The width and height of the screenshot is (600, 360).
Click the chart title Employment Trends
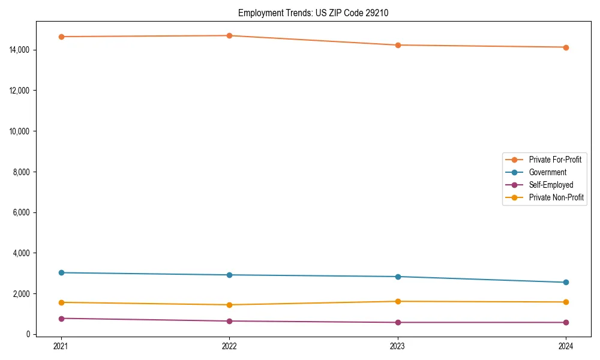tap(313, 13)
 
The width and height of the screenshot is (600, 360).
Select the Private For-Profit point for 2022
tap(229, 35)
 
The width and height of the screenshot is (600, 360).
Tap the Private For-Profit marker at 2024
tap(566, 47)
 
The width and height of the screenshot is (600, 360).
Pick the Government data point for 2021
tap(61, 272)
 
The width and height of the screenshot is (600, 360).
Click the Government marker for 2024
tap(566, 282)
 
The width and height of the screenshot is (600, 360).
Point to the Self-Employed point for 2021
tap(61, 319)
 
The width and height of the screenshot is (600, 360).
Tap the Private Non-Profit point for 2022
tap(229, 305)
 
